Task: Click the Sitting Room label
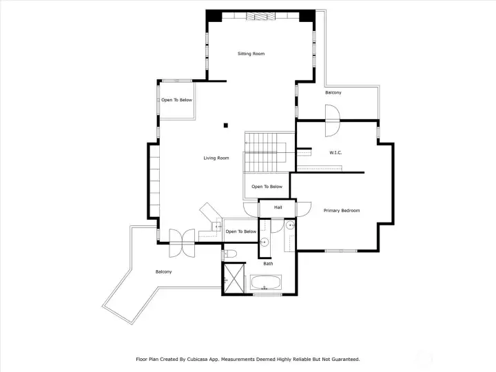[251, 54]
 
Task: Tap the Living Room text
[216, 158]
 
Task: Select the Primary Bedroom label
[342, 210]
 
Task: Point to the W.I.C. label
[335, 153]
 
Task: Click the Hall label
[278, 207]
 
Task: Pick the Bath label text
[268, 263]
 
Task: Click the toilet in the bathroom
[230, 254]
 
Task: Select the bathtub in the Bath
[265, 282]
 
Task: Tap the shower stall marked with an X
[234, 279]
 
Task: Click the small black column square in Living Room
[226, 125]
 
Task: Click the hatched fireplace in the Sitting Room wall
[261, 16]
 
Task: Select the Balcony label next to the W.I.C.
[333, 93]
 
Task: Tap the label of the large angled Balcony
[164, 271]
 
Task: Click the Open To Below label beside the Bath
[241, 231]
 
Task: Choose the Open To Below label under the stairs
[267, 187]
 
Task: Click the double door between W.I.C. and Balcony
[333, 121]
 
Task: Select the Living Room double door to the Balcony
[182, 243]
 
